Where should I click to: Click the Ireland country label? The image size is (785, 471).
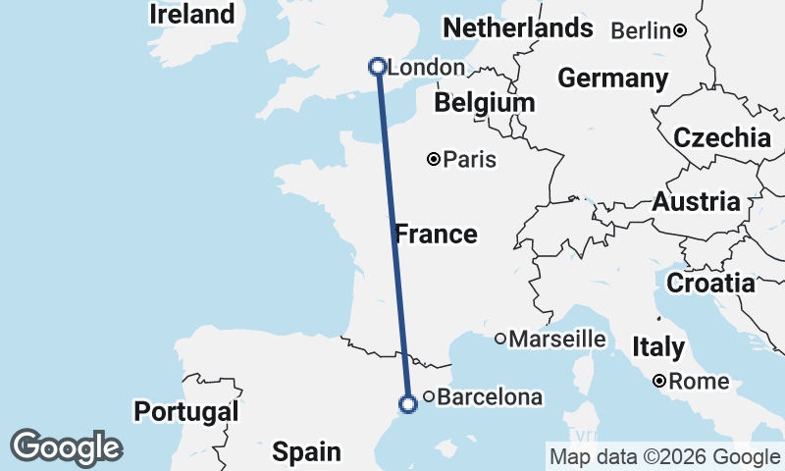[x=192, y=15]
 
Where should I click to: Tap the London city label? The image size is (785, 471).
[x=426, y=68]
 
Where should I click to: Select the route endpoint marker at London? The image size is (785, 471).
[x=377, y=67]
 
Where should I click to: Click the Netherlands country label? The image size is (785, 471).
[x=517, y=28]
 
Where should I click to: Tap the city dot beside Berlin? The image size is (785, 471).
[x=680, y=31]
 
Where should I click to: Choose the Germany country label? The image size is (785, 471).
[x=612, y=78]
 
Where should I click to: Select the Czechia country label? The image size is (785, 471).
[x=721, y=137]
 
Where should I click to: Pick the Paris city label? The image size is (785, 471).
[x=469, y=159]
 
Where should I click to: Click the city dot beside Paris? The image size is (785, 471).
[x=434, y=159]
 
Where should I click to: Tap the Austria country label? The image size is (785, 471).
[x=696, y=203]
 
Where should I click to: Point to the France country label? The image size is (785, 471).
[x=436, y=235]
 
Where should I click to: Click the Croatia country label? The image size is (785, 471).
[x=710, y=285]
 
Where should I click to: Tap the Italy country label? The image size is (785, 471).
[x=658, y=346]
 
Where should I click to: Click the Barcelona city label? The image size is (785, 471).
[x=489, y=397]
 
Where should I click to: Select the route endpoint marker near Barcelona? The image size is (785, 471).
[x=408, y=403]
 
